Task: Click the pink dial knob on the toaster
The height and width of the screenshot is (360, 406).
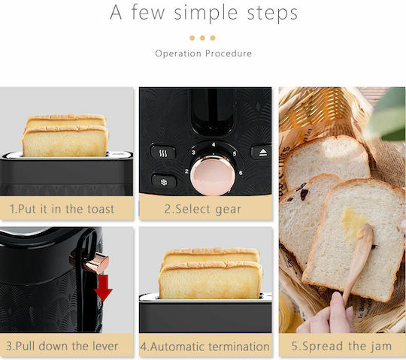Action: [x=213, y=176]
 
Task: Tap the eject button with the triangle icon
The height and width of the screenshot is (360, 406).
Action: [x=262, y=153]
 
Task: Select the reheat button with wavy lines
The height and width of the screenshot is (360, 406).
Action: [x=163, y=153]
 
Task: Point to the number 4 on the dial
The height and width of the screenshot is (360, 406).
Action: [x=214, y=144]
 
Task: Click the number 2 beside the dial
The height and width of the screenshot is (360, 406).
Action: [x=186, y=171]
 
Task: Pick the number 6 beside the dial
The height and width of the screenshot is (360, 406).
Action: [x=241, y=173]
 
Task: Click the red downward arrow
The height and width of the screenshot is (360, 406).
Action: [x=103, y=288]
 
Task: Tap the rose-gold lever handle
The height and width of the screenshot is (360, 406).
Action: [x=97, y=263]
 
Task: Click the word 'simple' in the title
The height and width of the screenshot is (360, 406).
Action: [x=206, y=13]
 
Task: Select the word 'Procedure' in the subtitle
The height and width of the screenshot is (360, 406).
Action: [x=229, y=53]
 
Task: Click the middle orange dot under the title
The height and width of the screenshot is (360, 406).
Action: [x=202, y=38]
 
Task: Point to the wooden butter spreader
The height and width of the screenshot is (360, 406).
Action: [x=359, y=262]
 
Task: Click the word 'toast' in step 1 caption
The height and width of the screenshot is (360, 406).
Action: [x=101, y=209]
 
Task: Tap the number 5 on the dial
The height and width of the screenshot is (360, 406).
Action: [x=235, y=154]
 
